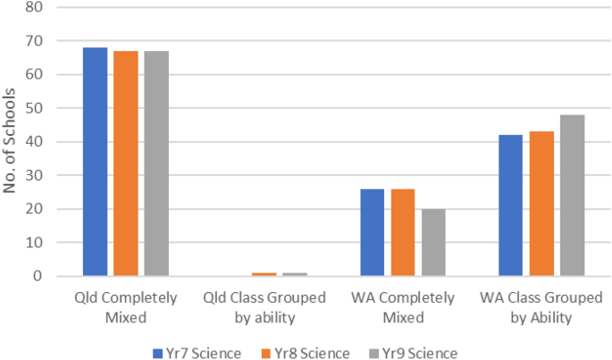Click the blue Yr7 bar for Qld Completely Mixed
pos(96,162)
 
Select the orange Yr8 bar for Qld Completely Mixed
pos(126,163)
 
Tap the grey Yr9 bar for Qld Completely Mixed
pos(156,163)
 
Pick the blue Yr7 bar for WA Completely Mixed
pos(373,232)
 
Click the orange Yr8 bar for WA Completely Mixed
pos(403,232)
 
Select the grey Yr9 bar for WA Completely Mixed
pos(433,242)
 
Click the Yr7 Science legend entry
pos(197,352)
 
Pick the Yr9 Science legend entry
pos(415,352)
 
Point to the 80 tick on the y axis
pos(37,8)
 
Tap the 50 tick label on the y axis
pos(37,108)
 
